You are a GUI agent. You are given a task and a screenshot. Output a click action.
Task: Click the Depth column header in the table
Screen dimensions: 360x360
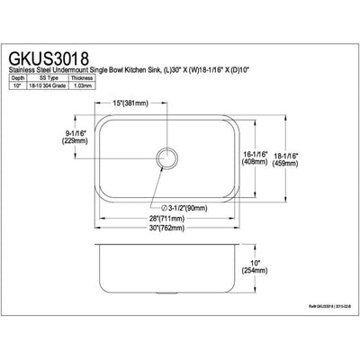pos(18,77)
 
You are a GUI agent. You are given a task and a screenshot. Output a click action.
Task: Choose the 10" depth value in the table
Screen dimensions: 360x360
pos(18,85)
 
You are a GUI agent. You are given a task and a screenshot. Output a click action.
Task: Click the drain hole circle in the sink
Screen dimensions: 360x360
pos(166,157)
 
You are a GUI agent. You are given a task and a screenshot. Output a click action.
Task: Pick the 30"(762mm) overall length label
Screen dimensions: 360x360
pos(167,229)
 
